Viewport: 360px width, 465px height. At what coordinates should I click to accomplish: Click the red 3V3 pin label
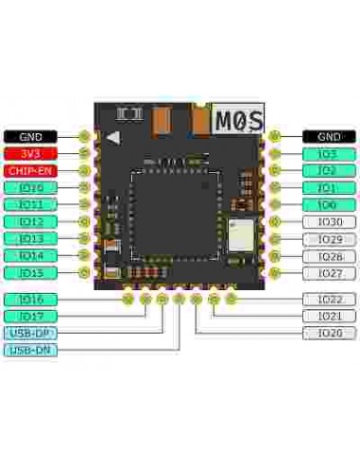tap(30, 153)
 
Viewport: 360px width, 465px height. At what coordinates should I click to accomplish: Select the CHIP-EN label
tap(30, 170)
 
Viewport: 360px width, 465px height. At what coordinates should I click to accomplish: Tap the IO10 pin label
tap(30, 187)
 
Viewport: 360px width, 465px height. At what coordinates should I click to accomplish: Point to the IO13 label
tap(30, 238)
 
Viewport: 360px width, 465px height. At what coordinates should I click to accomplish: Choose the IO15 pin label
tap(30, 272)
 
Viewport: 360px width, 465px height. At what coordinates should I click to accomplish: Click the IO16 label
tap(30, 299)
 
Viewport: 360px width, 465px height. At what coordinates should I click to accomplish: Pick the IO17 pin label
tap(30, 316)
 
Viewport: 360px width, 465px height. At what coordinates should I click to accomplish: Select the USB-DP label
tap(30, 333)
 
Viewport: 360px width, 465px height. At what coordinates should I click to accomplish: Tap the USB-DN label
tap(30, 350)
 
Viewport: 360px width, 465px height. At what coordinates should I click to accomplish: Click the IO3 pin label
tap(329, 153)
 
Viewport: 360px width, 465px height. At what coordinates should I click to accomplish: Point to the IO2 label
tap(329, 170)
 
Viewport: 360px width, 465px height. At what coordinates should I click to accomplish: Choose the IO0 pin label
tap(329, 204)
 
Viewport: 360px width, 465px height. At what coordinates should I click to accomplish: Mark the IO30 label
tap(329, 221)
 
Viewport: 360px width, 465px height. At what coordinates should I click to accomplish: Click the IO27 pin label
tap(329, 272)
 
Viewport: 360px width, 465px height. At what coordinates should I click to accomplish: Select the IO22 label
tap(329, 299)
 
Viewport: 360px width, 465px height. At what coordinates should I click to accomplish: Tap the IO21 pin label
tap(329, 316)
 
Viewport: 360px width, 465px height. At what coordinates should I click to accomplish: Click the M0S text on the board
tap(236, 120)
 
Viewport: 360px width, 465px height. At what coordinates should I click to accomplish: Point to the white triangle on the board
tap(113, 137)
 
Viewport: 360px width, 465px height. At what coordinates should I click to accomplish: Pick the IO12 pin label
tap(30, 221)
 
